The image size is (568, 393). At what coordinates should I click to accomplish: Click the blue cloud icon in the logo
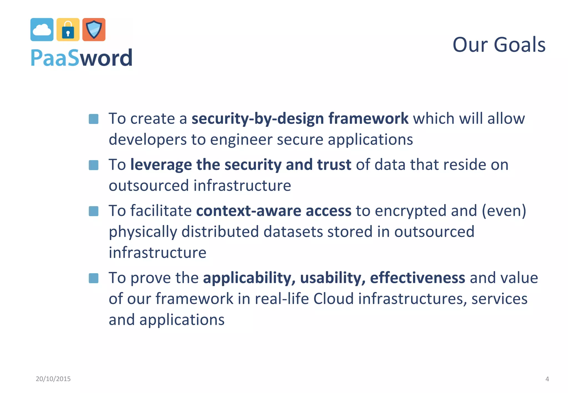point(42,30)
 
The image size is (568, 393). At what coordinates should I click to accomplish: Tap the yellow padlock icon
point(68,30)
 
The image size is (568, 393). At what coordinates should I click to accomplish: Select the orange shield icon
point(94,30)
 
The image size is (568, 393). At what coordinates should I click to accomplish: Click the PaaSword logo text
point(82,58)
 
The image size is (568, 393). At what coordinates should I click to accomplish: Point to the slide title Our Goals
point(499,45)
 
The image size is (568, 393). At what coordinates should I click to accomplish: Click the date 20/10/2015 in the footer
point(53,379)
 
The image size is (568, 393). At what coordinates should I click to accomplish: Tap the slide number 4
point(547,379)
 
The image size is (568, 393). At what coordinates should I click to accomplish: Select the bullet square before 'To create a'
point(93,119)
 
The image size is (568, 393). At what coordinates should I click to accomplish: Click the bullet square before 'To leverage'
point(93,165)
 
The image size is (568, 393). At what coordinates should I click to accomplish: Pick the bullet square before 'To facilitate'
point(93,211)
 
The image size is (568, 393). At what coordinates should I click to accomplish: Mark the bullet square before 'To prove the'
point(93,278)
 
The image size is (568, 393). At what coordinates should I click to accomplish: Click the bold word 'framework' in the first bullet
point(368,119)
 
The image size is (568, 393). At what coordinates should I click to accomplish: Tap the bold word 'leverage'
point(161,165)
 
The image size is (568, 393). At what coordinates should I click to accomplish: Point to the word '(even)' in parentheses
point(504,211)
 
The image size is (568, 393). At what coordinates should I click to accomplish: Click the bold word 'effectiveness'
point(417,278)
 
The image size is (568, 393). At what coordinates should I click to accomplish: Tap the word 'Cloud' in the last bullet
point(333,299)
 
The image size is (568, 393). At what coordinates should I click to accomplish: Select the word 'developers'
point(148,139)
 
